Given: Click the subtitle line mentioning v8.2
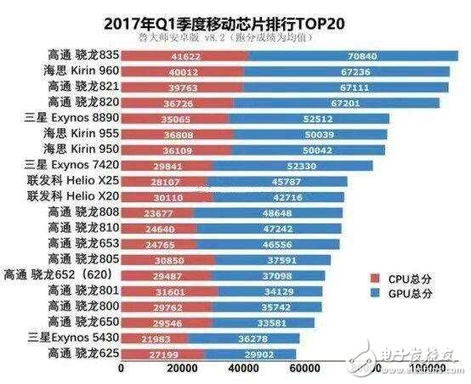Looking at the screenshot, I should click(235, 37).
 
